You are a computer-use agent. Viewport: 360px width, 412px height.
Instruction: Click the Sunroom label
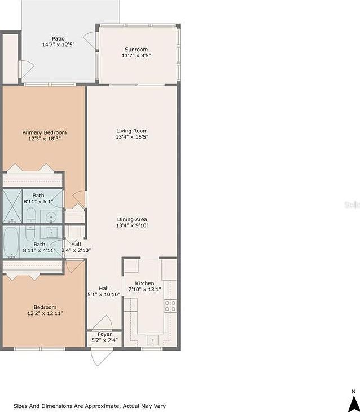(x=136, y=50)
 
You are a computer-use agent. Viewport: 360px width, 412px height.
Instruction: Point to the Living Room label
(x=132, y=131)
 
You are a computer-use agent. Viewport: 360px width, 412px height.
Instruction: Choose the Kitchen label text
(x=144, y=283)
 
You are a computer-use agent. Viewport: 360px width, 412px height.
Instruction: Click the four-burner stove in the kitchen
(x=170, y=305)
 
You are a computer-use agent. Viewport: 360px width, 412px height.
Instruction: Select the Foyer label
(x=104, y=334)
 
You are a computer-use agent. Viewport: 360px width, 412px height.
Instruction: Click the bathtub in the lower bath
(x=13, y=241)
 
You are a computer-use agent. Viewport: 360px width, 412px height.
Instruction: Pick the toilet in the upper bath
(x=31, y=215)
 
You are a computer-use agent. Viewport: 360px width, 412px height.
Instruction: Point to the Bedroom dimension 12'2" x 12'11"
(x=45, y=313)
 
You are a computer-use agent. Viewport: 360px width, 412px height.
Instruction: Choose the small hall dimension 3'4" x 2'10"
(x=76, y=250)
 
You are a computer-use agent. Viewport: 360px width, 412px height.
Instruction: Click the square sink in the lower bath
(x=52, y=231)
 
